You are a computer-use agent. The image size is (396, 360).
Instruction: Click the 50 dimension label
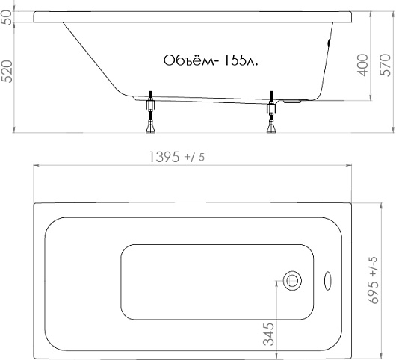pos(7,17)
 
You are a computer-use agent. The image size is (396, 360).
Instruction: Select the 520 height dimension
pos(7,72)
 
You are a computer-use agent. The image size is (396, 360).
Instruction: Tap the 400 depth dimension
pos(362,66)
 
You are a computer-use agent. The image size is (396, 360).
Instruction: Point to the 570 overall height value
pos(386,65)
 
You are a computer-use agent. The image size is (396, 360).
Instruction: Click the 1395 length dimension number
pos(164,157)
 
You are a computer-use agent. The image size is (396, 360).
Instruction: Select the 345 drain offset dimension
pos(268,334)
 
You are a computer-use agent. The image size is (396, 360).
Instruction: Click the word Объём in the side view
pos(190,60)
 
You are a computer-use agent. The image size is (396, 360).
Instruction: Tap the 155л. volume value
pos(241,60)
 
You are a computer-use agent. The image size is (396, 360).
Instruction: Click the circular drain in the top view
pos(292,281)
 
